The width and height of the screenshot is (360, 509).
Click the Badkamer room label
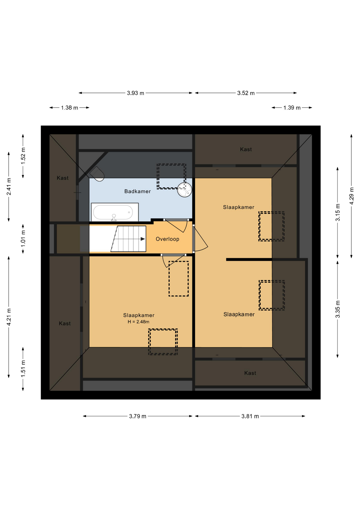pos(137,191)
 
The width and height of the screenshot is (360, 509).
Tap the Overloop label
pos(167,239)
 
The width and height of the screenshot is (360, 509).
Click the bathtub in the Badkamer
pos(115,212)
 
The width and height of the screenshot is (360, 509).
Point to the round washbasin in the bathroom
pos(185,190)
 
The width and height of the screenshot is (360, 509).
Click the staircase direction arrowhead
pos(143,239)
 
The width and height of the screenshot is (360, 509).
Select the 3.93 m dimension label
pos(135,93)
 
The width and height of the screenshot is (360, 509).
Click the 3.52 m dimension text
pos(246,93)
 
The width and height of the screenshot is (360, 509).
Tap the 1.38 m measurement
pos(69,108)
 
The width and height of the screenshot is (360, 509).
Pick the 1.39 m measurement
pos(292,108)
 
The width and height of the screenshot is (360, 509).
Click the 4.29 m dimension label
pos(352,196)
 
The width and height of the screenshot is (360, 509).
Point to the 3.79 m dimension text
pos(138,416)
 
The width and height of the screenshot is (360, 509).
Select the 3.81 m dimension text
pos(250,416)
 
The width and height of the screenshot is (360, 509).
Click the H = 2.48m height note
pos(138,322)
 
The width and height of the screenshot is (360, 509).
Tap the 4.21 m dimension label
pos(9,317)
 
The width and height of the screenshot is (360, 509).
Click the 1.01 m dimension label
pos(23,238)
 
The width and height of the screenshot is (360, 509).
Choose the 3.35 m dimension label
pos(337,309)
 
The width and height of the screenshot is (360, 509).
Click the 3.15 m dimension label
pos(337,212)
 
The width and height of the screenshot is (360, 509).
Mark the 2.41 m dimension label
pos(9,187)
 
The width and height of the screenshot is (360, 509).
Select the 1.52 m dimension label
pos(23,156)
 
